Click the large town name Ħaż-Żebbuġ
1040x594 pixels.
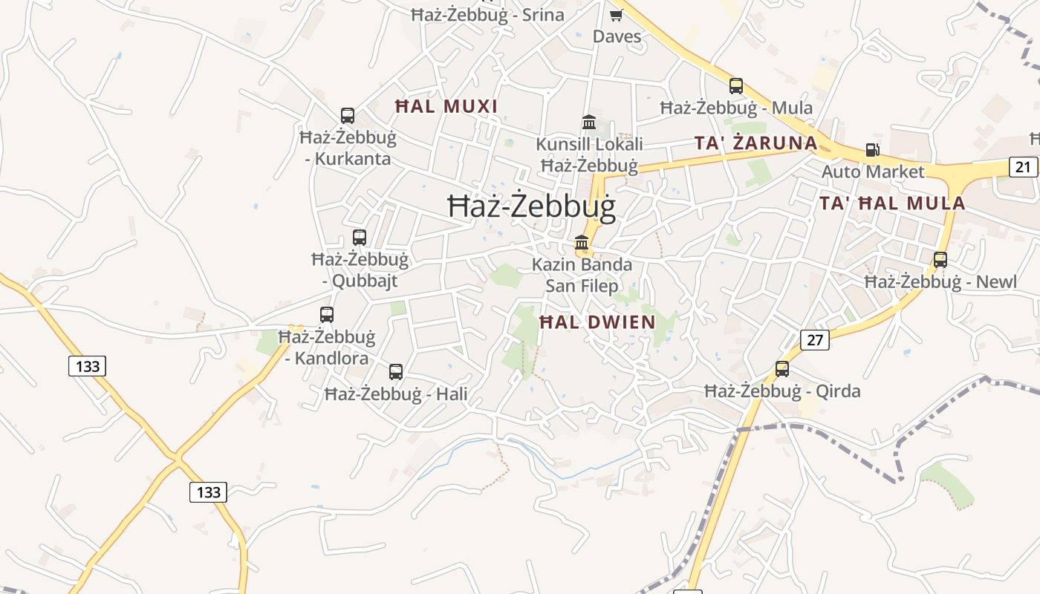[x=532, y=206]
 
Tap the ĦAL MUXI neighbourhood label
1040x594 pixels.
[x=446, y=107]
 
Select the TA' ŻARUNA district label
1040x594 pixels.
[x=755, y=143]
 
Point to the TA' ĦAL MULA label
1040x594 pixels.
[x=892, y=203]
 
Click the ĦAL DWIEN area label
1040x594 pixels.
[x=597, y=322]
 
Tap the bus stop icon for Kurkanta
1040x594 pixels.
[x=348, y=116]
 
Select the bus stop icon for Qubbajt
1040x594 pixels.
[x=360, y=238]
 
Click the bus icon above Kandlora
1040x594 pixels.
[x=327, y=315]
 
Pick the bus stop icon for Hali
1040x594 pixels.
[x=396, y=372]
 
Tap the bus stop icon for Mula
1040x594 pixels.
[x=736, y=86]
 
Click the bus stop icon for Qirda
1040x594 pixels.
[x=782, y=369]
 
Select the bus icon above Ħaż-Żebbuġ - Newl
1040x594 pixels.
[x=940, y=260]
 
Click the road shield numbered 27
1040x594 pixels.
[x=815, y=340]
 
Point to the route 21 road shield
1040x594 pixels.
[x=1024, y=167]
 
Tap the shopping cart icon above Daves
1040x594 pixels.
[x=616, y=15]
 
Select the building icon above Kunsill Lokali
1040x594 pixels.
[x=589, y=122]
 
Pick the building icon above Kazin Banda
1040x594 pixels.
[x=582, y=243]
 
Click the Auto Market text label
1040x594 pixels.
[x=873, y=172]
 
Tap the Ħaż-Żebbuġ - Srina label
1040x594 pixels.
[x=487, y=15]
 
